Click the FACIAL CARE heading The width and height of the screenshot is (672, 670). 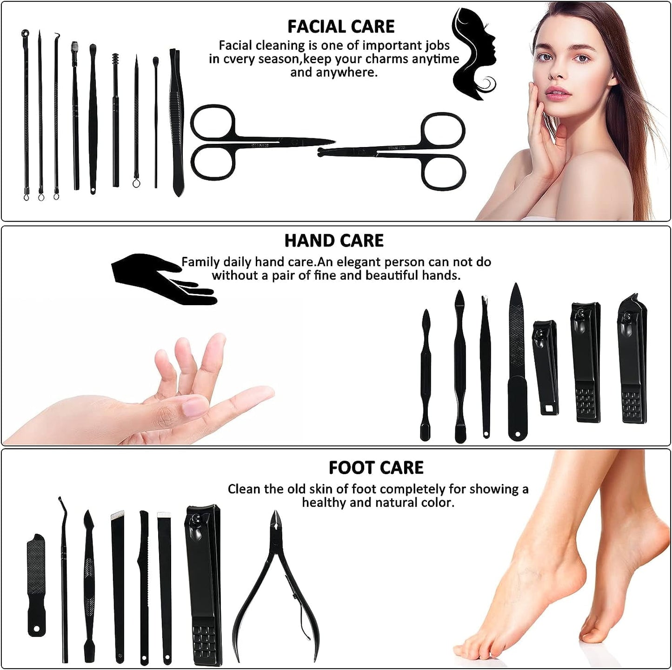point(341,27)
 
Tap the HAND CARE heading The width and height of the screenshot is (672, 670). point(334,241)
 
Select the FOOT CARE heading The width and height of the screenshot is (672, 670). point(376,468)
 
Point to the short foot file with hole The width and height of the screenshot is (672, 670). point(36,584)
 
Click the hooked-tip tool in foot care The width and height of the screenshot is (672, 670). point(64,577)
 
